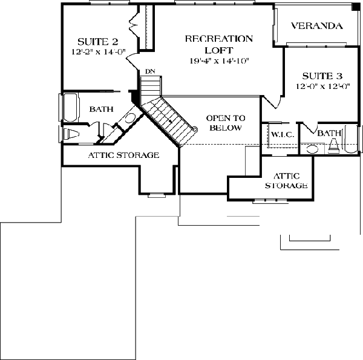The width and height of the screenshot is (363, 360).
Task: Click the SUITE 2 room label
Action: tap(97, 42)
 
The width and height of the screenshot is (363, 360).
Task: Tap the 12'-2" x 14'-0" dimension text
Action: tap(99, 52)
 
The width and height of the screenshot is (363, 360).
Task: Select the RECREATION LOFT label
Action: tap(219, 44)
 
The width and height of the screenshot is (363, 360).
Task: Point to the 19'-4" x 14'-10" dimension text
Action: tap(219, 61)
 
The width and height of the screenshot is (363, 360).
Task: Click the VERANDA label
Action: tap(316, 25)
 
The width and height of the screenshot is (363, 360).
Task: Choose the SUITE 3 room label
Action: tap(322, 76)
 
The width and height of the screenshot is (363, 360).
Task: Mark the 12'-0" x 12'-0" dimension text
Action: tap(323, 87)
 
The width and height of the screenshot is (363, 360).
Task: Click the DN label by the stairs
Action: tap(150, 71)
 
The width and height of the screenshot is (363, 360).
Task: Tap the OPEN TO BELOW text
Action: tap(226, 123)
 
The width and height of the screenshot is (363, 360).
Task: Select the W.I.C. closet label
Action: tap(283, 134)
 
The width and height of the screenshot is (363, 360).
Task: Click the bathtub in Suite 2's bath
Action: tap(70, 107)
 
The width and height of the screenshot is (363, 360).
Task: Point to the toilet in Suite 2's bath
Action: tap(71, 134)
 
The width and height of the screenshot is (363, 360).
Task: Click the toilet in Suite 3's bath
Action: tap(334, 146)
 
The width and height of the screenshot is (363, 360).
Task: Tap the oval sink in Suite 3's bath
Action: tap(312, 149)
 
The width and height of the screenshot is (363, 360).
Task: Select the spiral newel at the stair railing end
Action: tap(194, 129)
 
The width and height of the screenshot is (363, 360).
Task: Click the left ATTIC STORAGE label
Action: tap(123, 155)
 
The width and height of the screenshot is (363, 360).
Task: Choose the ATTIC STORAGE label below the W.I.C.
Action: tap(287, 181)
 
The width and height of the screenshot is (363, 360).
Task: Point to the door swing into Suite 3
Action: tap(273, 102)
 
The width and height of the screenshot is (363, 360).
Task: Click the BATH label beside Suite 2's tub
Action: tap(102, 109)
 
